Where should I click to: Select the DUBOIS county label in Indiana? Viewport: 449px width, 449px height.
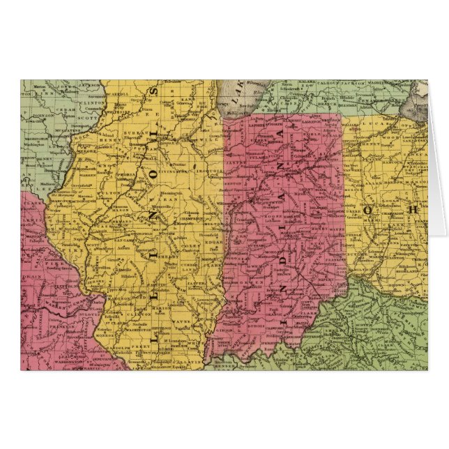click(x=259, y=323)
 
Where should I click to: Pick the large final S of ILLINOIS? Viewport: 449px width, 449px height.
click(x=155, y=91)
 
